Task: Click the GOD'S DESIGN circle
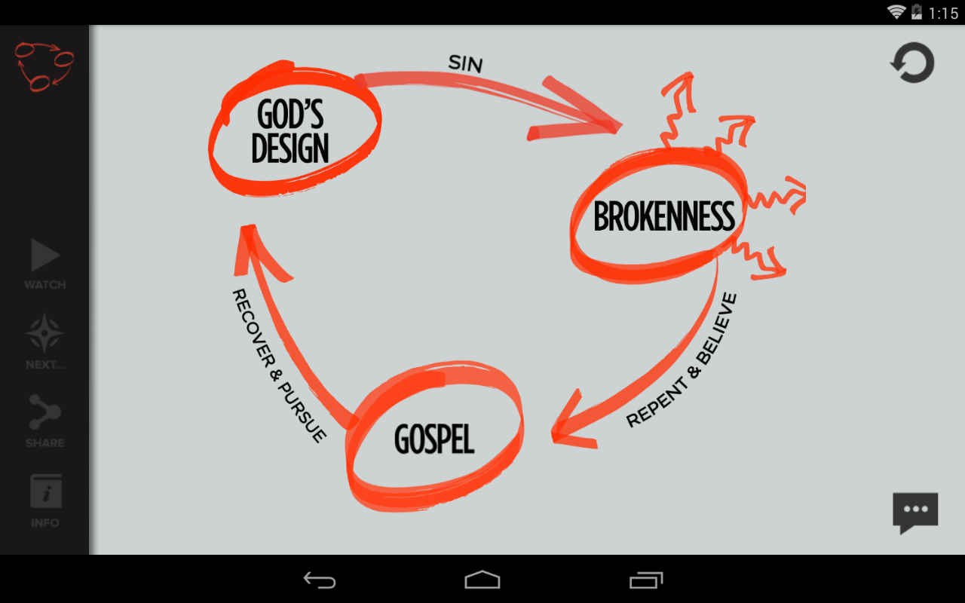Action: [293, 130]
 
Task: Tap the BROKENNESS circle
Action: [662, 216]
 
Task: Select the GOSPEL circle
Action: [434, 439]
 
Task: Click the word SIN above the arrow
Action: [465, 63]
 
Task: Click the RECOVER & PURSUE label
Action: [278, 365]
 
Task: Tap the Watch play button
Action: [44, 256]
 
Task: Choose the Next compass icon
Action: [44, 334]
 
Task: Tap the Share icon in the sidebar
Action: [44, 412]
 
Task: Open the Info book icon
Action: [45, 491]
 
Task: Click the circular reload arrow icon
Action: [913, 63]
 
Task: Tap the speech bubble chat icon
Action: [915, 512]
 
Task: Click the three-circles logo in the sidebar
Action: [44, 66]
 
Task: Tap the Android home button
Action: [482, 580]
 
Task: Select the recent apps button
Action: [646, 580]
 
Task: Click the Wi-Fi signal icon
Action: [896, 12]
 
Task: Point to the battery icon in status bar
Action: [918, 12]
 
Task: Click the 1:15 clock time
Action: [943, 13]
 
